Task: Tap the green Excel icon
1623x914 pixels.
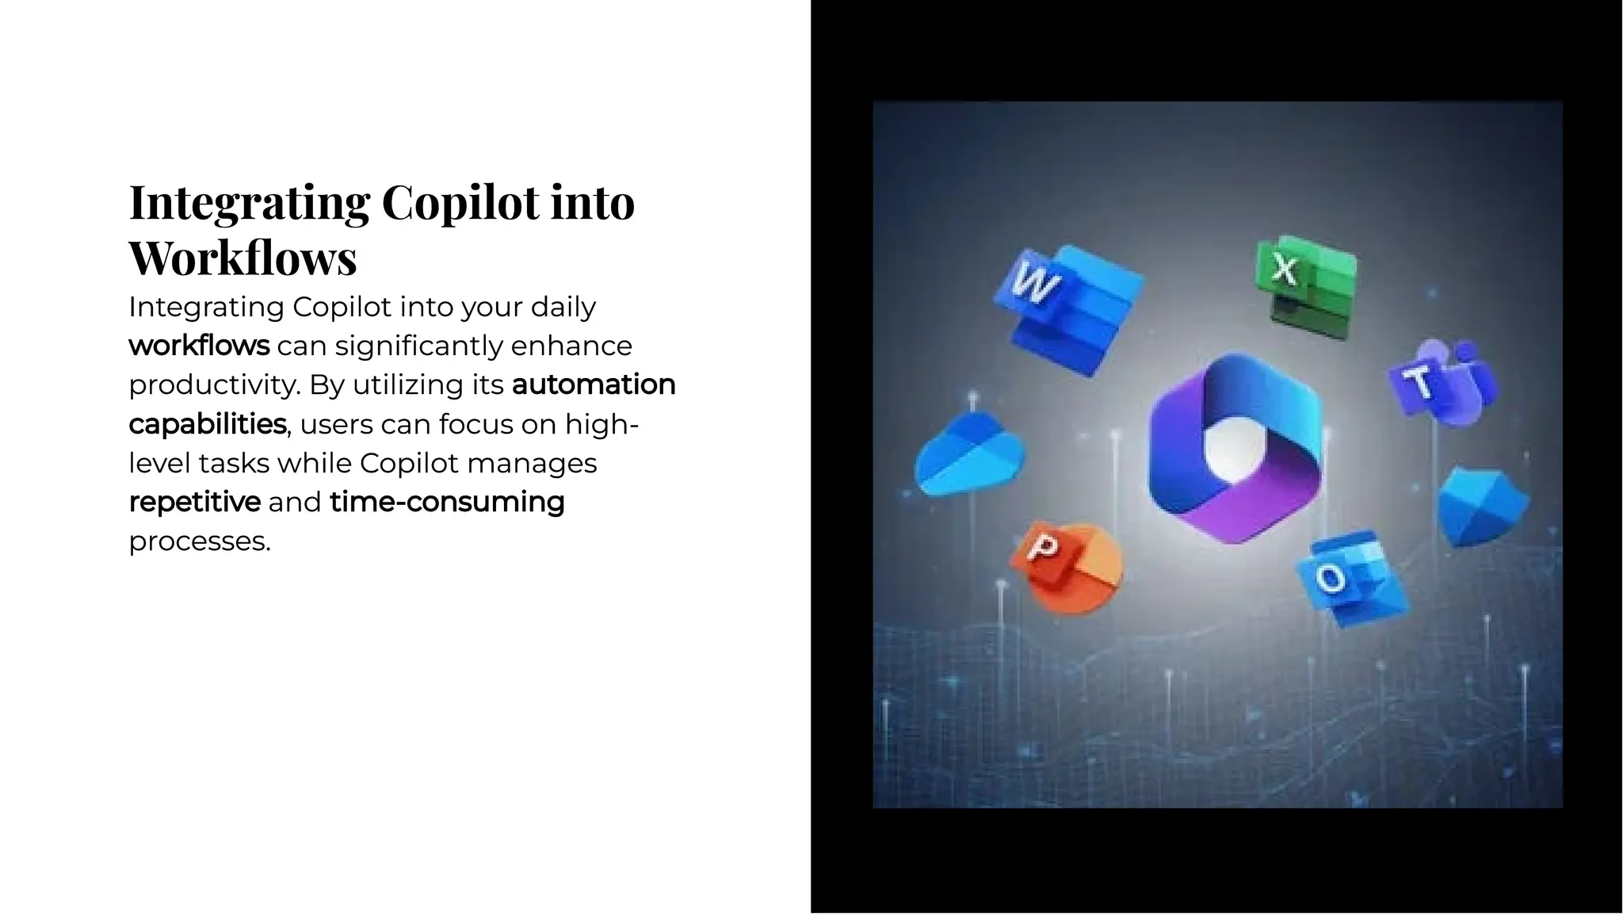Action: pyautogui.click(x=1304, y=285)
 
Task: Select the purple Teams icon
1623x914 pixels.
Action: pyautogui.click(x=1442, y=384)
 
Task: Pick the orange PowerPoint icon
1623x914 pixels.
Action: pyautogui.click(x=1067, y=568)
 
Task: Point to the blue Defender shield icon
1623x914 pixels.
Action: pyautogui.click(x=1482, y=507)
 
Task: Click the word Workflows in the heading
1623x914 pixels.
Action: pyautogui.click(x=242, y=258)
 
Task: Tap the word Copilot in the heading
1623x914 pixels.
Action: pyautogui.click(x=449, y=201)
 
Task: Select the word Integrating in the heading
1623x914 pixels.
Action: pyautogui.click(x=249, y=201)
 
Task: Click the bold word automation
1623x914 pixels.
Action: pyautogui.click(x=594, y=384)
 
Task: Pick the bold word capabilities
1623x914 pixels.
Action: pyautogui.click(x=207, y=424)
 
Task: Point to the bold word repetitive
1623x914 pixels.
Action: pyautogui.click(x=194, y=502)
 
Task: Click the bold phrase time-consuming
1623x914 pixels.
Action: pyautogui.click(x=447, y=502)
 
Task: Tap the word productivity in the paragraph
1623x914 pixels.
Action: pyautogui.click(x=212, y=385)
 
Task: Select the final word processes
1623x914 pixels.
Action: pyautogui.click(x=199, y=541)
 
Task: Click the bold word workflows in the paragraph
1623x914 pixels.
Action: pyautogui.click(x=199, y=346)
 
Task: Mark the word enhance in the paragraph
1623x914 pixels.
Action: pyautogui.click(x=571, y=346)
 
